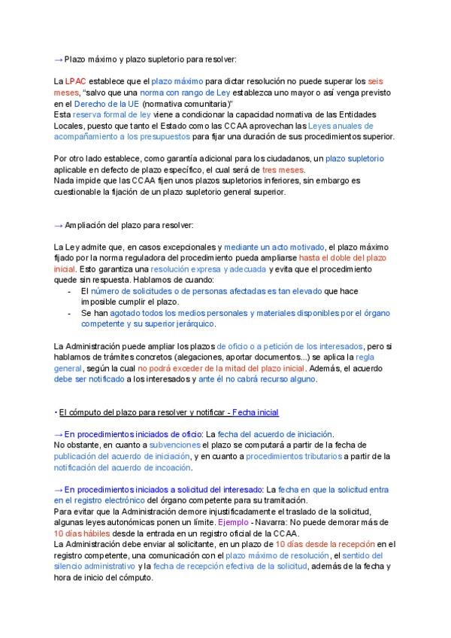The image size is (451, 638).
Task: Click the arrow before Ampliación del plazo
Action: (x=59, y=225)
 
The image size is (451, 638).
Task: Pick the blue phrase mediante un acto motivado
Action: (x=272, y=248)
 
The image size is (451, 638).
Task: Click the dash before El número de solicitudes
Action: (x=70, y=290)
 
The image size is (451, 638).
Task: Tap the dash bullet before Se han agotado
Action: (x=70, y=312)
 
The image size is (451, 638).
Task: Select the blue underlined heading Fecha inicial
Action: (x=256, y=413)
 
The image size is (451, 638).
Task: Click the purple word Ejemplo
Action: (x=232, y=521)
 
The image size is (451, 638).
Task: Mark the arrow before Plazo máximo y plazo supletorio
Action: (x=59, y=58)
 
